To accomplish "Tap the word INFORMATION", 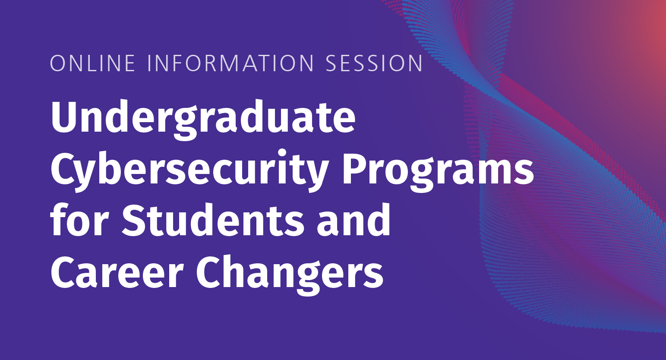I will point(230,63).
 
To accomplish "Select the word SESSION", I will point(374,63).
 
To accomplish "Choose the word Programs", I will point(438,171).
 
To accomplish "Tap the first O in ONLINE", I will point(59,63).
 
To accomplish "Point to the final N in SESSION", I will point(414,63).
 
